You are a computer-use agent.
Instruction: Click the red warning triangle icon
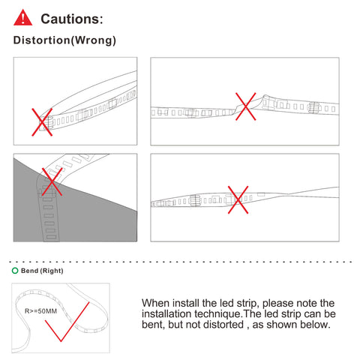pos(22,17)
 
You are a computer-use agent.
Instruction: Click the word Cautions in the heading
pos(70,19)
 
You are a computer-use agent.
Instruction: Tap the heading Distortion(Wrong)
pos(64,40)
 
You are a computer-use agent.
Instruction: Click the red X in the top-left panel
pos(42,122)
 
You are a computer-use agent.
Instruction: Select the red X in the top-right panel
pos(246,106)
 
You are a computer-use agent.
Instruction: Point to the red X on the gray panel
pos(52,181)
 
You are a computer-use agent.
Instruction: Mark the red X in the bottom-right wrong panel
pos(238,199)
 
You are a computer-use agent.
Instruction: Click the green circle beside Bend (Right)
pos(15,271)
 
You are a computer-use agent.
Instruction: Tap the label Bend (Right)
pos(42,271)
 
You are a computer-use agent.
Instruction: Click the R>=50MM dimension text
pos(40,311)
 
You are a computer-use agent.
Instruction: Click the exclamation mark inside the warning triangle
pos(23,19)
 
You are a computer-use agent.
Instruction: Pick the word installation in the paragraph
pos(166,313)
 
